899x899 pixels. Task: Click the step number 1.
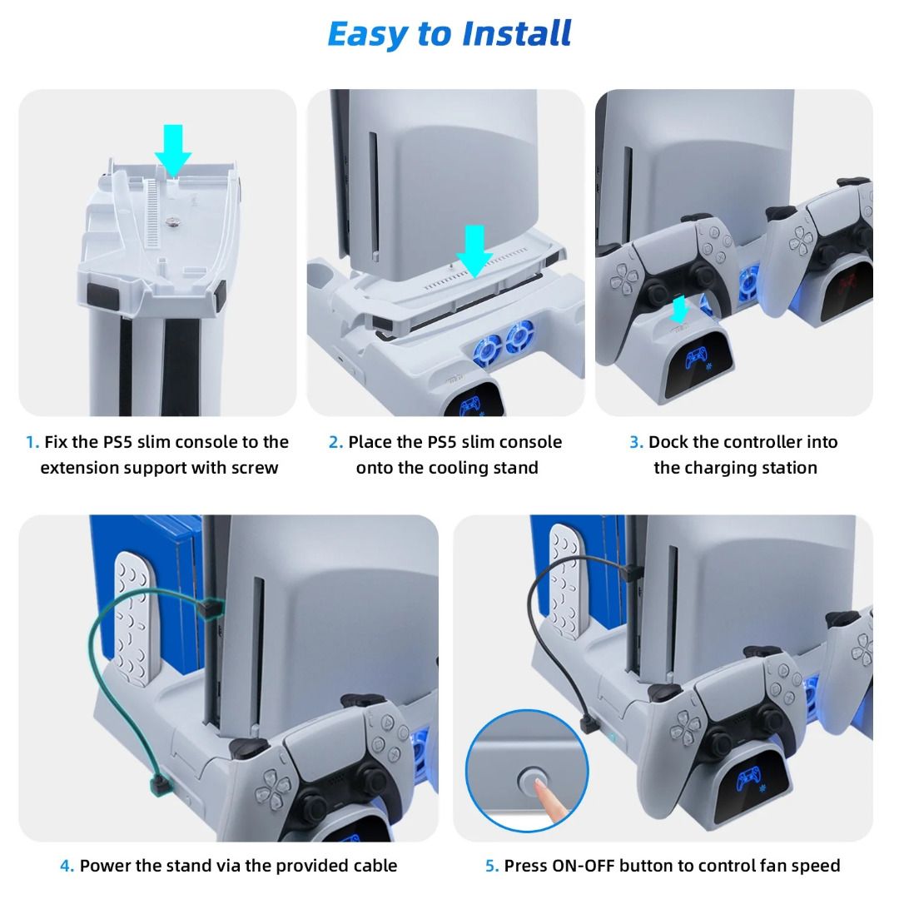tap(32, 442)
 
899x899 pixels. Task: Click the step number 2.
tap(335, 442)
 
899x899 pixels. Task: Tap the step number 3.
tap(636, 442)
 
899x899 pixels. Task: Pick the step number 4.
tap(67, 866)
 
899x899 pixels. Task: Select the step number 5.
tap(492, 866)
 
